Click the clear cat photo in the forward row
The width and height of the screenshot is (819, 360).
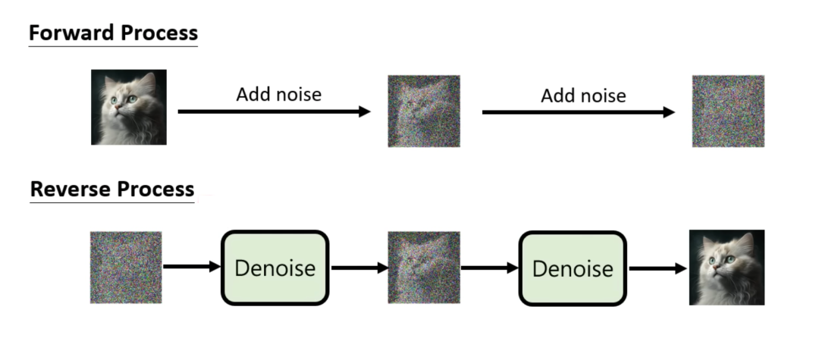[x=129, y=107]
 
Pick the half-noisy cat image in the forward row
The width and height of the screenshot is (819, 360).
[x=424, y=111]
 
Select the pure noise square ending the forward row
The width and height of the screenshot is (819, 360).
[x=728, y=111]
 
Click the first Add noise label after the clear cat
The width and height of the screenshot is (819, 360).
[x=278, y=95]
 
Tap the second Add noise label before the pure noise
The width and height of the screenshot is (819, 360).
[x=583, y=96]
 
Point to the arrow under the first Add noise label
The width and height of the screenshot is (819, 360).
[x=274, y=112]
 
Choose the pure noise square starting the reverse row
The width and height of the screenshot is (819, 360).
[x=126, y=268]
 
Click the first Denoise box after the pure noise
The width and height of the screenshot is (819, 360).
[x=275, y=268]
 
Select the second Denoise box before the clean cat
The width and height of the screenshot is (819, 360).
[x=573, y=268]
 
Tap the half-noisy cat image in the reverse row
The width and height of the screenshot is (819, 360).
[x=424, y=268]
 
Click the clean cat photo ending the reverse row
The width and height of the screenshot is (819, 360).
[x=726, y=268]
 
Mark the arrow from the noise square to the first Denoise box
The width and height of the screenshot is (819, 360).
[x=191, y=267]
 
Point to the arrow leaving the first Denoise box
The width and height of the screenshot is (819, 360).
[x=359, y=268]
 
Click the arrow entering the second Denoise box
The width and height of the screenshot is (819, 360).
[x=489, y=268]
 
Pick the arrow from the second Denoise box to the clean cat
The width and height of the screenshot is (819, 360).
[x=657, y=268]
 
